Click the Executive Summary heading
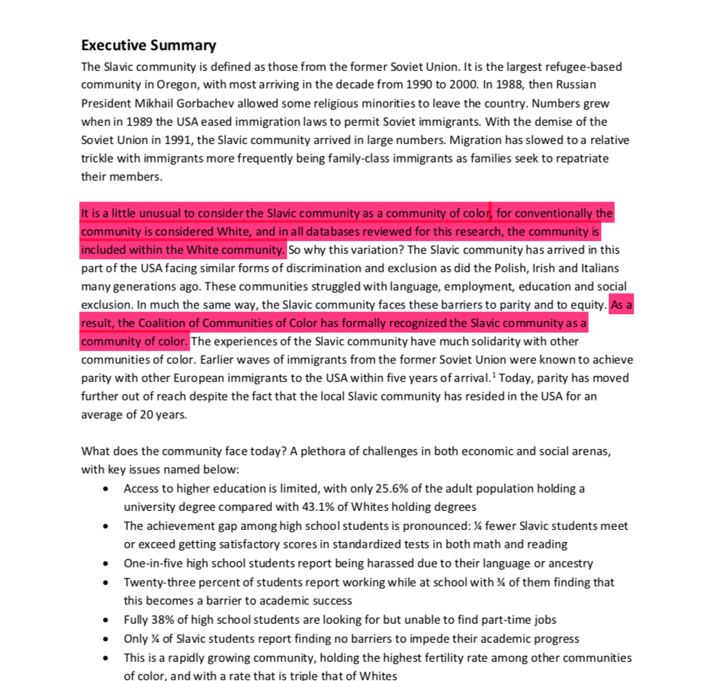coord(149,45)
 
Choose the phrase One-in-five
coord(154,564)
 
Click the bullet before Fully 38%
coord(106,620)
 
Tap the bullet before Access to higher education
coord(106,489)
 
